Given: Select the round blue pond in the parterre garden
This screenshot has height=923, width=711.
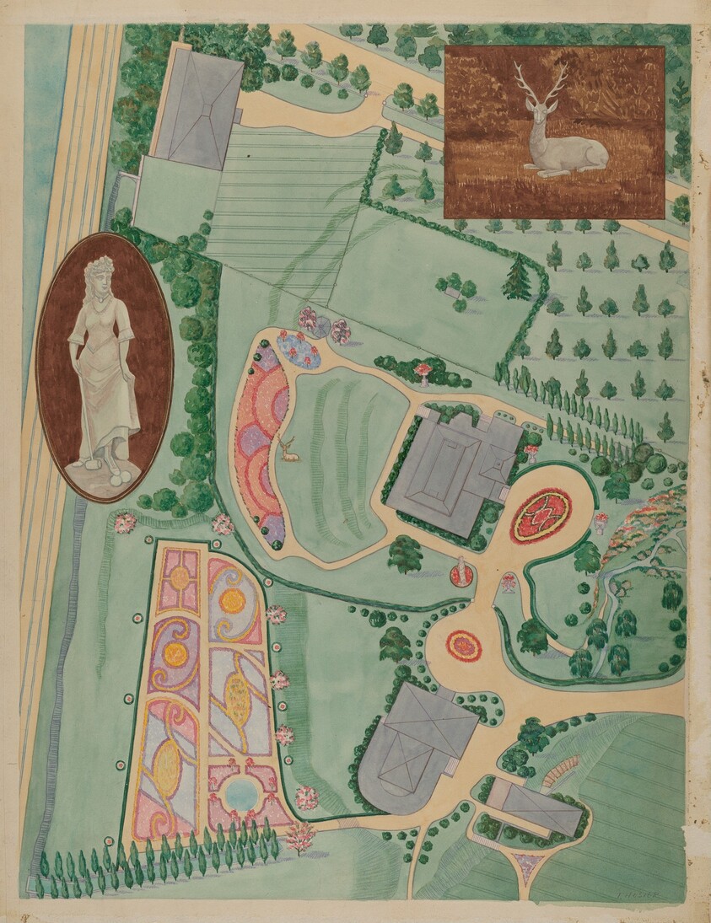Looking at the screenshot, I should (242, 792).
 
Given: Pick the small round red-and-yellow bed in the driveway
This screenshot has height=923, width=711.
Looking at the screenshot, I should (464, 646).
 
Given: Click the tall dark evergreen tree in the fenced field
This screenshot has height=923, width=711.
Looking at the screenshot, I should (517, 277).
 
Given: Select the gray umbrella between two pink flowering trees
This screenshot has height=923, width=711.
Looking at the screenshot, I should (321, 325).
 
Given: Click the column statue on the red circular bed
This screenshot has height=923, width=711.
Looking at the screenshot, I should (461, 570).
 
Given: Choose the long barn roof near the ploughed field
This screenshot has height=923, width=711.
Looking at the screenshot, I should (538, 805).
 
